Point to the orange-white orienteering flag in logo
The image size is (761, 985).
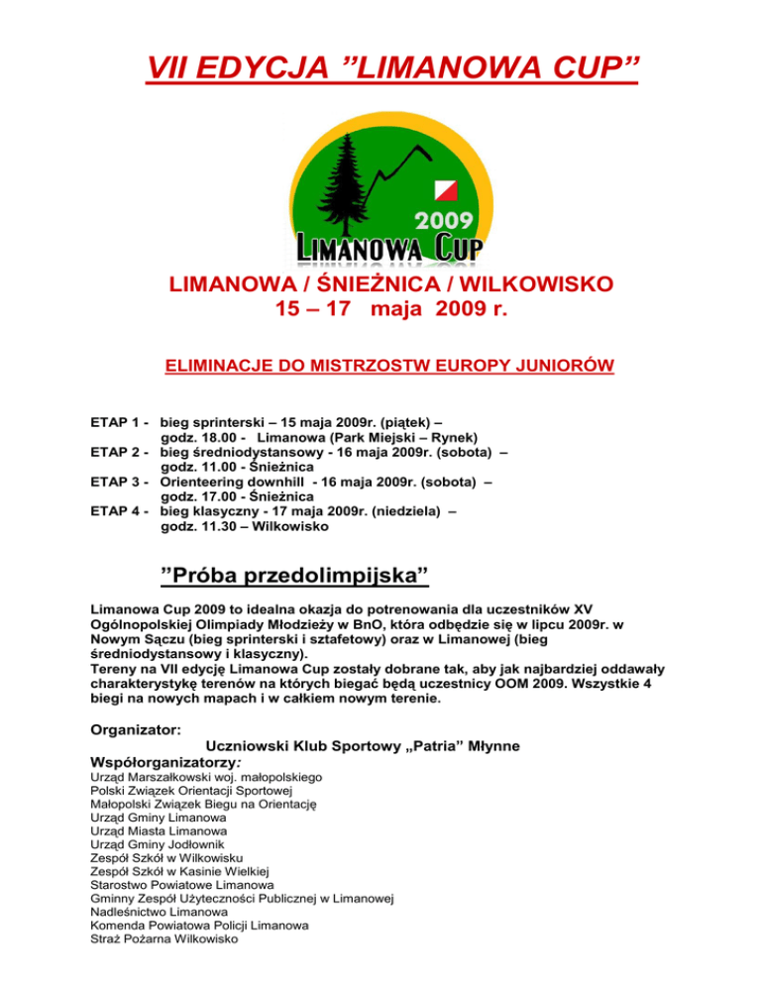tap(443, 189)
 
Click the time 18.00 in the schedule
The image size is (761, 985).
tap(215, 437)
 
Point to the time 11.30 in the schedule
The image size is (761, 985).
tap(215, 527)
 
